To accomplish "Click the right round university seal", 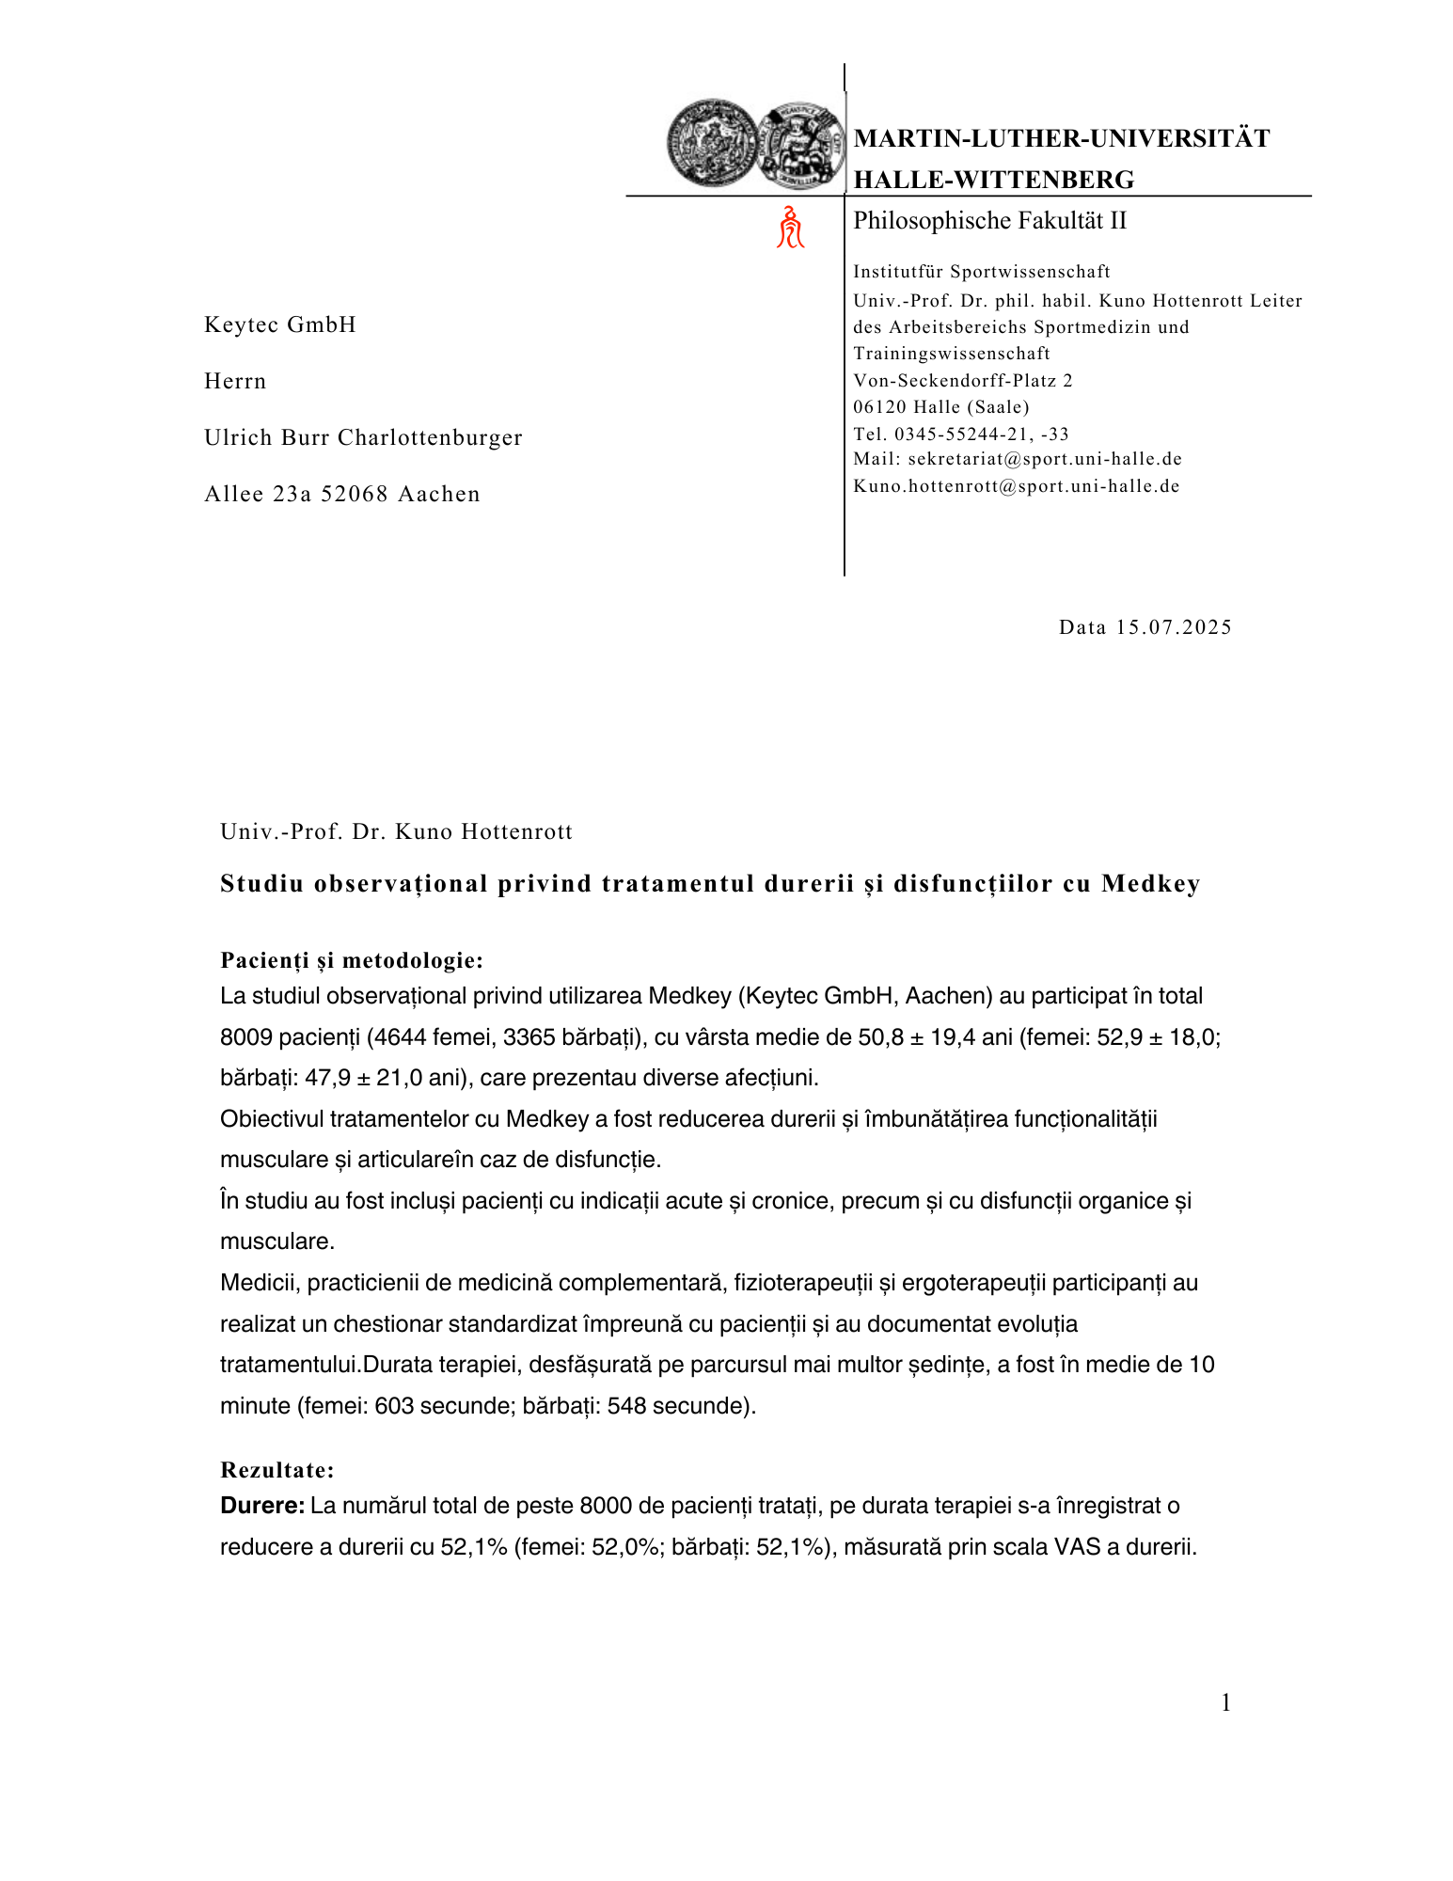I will click(x=800, y=144).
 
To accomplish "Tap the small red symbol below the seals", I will click(x=790, y=228).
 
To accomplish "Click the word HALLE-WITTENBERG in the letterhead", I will click(x=993, y=180).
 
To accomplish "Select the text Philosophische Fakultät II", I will click(x=989, y=221).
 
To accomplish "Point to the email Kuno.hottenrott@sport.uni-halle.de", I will click(x=1016, y=486).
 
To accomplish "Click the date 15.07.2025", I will click(x=1174, y=627).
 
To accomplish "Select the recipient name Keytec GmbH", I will click(x=280, y=324).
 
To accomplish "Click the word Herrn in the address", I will click(x=235, y=381).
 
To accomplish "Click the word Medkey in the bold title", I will click(x=1150, y=884).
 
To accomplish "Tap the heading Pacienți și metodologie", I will click(x=352, y=960).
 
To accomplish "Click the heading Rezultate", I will click(x=277, y=1469).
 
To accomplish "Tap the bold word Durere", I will click(x=261, y=1506).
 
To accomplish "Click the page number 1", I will click(x=1225, y=1702).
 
